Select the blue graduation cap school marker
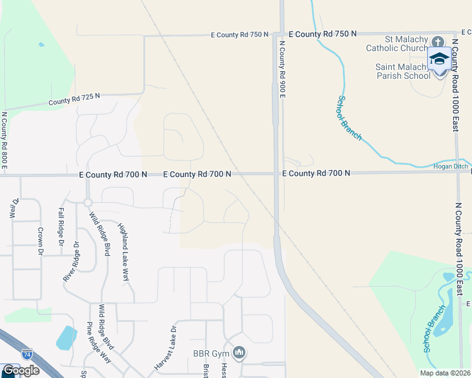(439, 59)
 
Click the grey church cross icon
(439, 41)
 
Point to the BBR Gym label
(211, 353)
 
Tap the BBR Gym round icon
(238, 353)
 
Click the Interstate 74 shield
(27, 355)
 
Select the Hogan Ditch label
(451, 167)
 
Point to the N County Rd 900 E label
(283, 69)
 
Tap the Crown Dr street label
(40, 241)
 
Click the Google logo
(21, 370)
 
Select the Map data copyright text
(445, 373)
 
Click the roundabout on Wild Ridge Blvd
(88, 202)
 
